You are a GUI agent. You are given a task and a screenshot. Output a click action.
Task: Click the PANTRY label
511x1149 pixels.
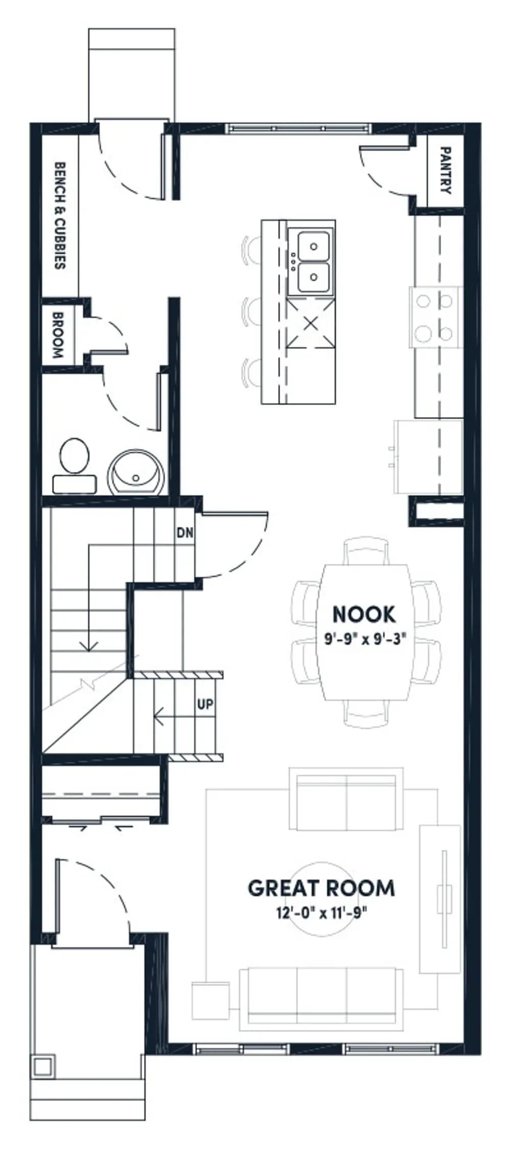(x=445, y=171)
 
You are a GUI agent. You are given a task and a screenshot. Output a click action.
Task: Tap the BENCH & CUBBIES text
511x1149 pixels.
(x=60, y=216)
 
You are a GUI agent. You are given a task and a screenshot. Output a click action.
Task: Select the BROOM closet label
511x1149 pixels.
(x=57, y=336)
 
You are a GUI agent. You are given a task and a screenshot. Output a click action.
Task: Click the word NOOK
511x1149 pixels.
(x=364, y=614)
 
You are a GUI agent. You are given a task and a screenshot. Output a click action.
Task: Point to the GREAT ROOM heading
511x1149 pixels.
(x=321, y=889)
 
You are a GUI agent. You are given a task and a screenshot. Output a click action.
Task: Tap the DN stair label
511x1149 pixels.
(x=185, y=533)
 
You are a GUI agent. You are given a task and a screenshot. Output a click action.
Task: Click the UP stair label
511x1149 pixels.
(x=205, y=704)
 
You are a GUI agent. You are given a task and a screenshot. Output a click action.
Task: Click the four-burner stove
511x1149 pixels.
(x=435, y=317)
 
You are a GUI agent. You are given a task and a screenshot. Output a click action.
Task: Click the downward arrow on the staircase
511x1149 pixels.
(x=89, y=597)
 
